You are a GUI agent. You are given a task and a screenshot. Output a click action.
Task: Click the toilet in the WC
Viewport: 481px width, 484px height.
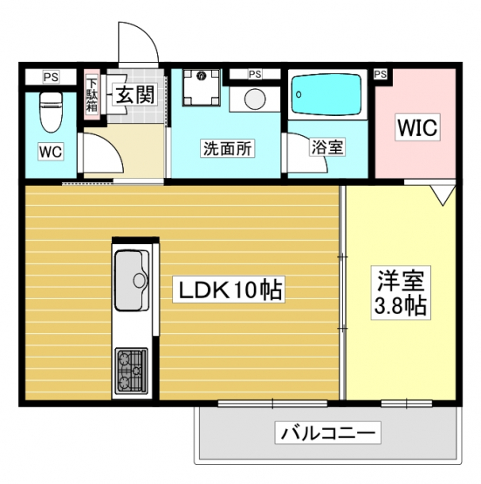coord(52,112)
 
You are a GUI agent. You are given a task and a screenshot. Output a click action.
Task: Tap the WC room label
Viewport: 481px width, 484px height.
coord(51,152)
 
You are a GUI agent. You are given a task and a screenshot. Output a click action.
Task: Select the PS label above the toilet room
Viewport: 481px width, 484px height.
coord(51,77)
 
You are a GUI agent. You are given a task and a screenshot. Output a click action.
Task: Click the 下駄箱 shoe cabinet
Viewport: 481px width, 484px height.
coord(92,95)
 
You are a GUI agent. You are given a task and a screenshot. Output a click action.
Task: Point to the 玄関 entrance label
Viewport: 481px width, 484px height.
coord(135,94)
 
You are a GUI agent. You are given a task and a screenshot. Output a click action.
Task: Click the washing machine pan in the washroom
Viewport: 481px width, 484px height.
coord(201,88)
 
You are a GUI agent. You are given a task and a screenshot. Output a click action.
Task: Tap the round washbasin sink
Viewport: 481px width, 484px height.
coord(255,99)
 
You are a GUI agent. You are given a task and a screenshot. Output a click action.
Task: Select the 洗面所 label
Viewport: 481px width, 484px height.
coord(228,149)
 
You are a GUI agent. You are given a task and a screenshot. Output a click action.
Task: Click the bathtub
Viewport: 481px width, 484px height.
coord(326,94)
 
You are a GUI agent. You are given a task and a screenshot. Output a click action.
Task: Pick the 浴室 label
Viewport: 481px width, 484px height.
coord(327,147)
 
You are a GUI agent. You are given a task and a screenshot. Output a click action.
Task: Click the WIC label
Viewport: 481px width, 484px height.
coord(417,127)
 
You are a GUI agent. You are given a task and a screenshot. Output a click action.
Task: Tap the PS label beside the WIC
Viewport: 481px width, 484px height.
coord(381,74)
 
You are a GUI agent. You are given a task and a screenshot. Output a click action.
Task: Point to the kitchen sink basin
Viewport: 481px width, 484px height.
coord(132,280)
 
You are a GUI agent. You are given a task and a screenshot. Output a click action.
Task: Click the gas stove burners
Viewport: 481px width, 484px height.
coord(131,372)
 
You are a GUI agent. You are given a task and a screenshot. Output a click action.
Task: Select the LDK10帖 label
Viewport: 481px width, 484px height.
coord(229,290)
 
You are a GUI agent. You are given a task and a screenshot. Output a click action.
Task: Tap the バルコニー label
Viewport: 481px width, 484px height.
coord(327,433)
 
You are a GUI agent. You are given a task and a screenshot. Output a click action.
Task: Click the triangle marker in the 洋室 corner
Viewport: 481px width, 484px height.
coord(443,195)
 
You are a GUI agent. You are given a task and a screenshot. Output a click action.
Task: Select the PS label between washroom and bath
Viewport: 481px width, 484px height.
coord(255,74)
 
